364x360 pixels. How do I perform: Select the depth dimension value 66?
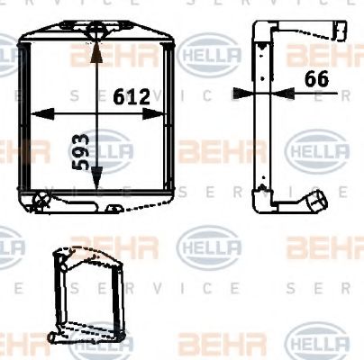tap(315, 78)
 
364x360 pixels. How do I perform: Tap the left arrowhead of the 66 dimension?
tap(239, 91)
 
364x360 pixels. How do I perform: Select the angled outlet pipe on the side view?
tap(314, 201)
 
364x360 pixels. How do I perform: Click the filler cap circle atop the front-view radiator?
tap(96, 35)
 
